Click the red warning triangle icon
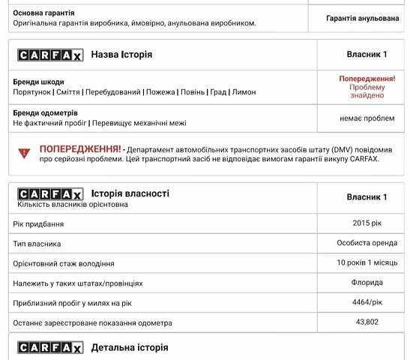[24, 153]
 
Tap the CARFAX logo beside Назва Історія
[50, 55]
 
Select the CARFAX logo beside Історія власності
[50, 194]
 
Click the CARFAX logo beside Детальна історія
[50, 348]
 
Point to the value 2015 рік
[367, 223]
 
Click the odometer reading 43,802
[367, 322]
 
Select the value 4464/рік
[367, 302]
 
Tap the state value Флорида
[367, 283]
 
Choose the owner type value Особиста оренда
[367, 243]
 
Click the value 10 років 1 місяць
[367, 262]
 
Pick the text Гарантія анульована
[362, 18]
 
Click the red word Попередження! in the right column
[367, 78]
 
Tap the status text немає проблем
[367, 118]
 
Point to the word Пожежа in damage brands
[160, 92]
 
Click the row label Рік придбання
[38, 224]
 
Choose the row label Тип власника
[37, 244]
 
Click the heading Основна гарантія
[43, 13]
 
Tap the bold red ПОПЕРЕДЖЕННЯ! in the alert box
[81, 148]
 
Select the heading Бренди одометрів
[46, 112]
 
